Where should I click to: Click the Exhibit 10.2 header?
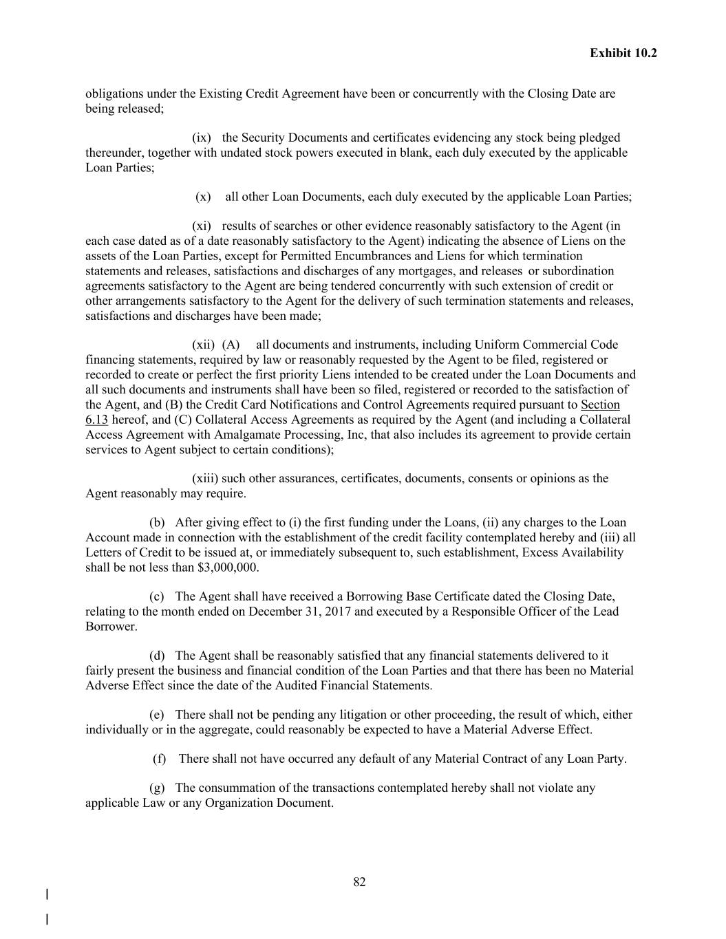(x=623, y=53)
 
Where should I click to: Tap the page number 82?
(x=359, y=882)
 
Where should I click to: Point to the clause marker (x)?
(x=203, y=197)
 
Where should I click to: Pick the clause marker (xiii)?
(x=204, y=478)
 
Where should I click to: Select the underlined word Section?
(x=600, y=404)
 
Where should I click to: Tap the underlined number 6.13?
(x=96, y=420)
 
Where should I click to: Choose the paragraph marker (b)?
(x=157, y=523)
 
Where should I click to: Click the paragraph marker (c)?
(x=157, y=596)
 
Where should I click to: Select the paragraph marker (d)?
(x=157, y=656)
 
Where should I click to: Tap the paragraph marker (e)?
(x=157, y=715)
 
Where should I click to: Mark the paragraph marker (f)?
(x=159, y=759)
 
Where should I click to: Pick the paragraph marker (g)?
(x=157, y=788)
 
